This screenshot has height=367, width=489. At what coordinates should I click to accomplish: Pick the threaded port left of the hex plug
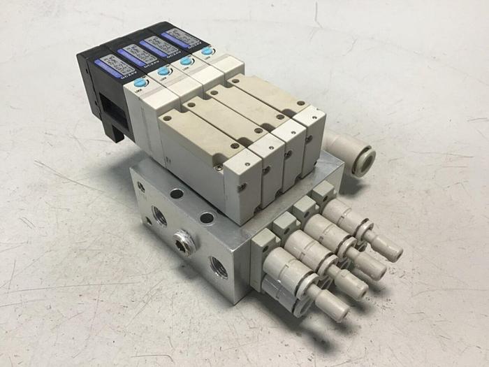[x=160, y=216]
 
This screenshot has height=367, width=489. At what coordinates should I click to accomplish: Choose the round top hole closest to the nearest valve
[x=207, y=218]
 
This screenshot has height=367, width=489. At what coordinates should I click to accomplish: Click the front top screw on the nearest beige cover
[x=229, y=145]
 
